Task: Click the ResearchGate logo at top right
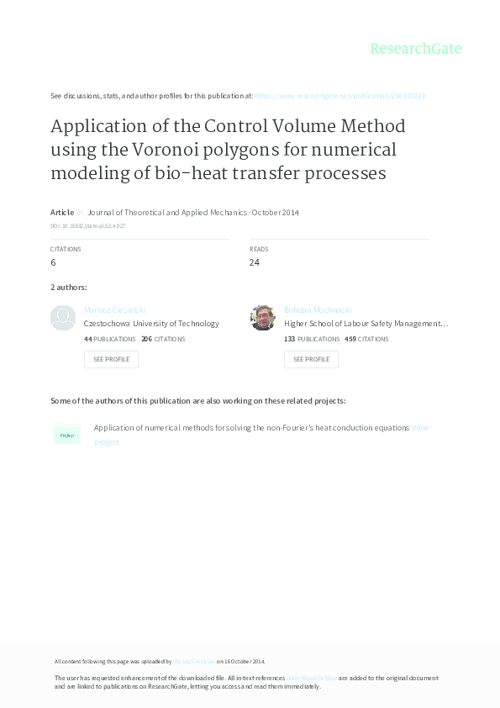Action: click(415, 49)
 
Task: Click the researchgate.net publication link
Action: click(339, 96)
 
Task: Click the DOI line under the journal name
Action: click(88, 226)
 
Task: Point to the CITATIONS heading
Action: click(66, 250)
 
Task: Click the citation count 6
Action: click(54, 262)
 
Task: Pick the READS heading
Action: click(259, 250)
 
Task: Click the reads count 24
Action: click(255, 262)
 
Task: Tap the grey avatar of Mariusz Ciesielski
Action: click(63, 318)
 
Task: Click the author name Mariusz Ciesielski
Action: click(115, 310)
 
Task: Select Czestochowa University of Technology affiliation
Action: click(151, 323)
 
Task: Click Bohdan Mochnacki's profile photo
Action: click(263, 318)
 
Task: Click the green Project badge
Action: click(67, 435)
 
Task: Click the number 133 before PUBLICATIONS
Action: click(289, 339)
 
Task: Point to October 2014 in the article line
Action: click(276, 213)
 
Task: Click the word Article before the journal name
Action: click(62, 213)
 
